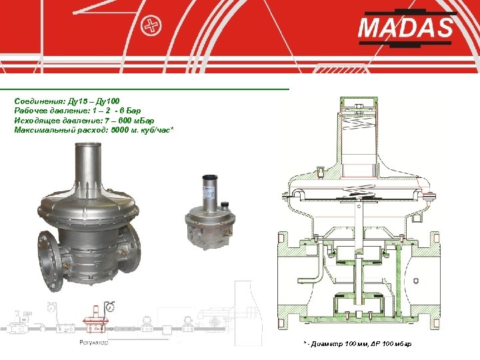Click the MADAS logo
[407, 28]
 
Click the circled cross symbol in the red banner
[151, 25]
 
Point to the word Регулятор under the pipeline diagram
[94, 343]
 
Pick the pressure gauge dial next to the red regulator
[109, 307]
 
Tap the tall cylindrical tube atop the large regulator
[89, 165]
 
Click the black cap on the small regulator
[225, 205]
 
